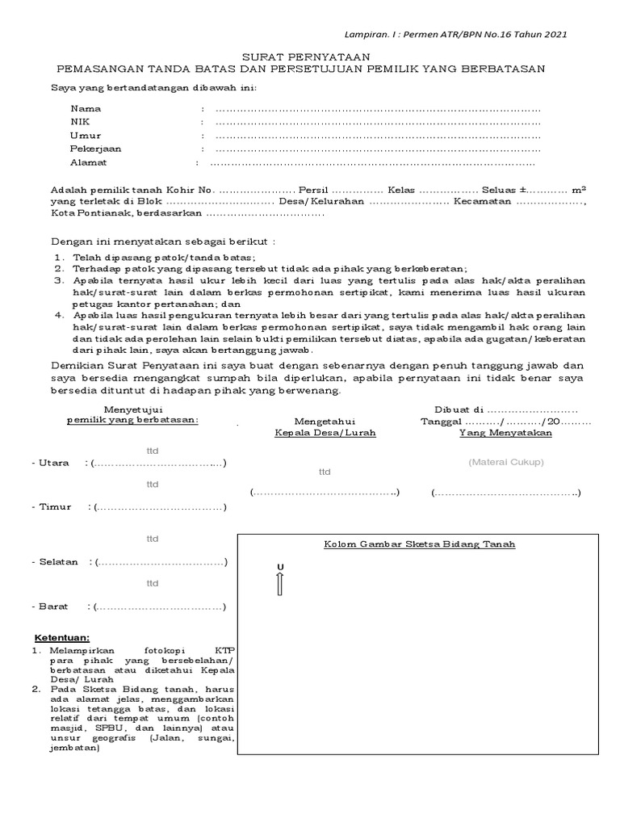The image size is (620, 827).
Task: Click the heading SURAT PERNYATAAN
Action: (x=306, y=56)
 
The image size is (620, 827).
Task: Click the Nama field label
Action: (x=85, y=108)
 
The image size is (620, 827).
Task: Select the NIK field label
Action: (x=80, y=122)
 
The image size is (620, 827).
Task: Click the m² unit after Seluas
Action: (x=578, y=188)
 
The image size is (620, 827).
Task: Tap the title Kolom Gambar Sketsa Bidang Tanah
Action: (x=419, y=544)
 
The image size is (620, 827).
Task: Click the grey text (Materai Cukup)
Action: (x=506, y=462)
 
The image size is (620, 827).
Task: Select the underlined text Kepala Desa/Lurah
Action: (x=314, y=433)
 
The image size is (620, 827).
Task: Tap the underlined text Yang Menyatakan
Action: (x=505, y=433)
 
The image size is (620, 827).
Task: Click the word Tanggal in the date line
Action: (x=442, y=421)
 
